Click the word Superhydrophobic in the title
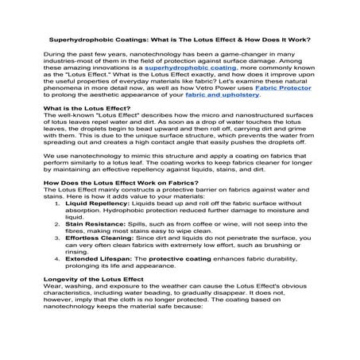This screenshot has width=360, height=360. pyautogui.click(x=76, y=38)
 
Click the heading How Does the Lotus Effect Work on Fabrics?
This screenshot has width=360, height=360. pyautogui.click(x=116, y=205)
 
